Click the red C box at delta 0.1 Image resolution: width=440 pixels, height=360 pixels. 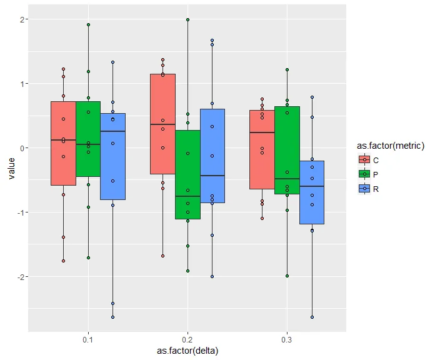(63, 143)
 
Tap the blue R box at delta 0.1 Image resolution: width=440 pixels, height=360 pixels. (112, 156)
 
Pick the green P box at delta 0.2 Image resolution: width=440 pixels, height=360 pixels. (187, 174)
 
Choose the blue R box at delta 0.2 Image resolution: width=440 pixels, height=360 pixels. (212, 156)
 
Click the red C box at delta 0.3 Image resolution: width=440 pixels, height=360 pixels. (262, 149)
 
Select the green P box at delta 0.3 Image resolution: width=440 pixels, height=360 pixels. (287, 150)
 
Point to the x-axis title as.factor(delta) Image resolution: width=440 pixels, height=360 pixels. (187, 351)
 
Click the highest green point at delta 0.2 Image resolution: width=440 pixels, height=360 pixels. (187, 20)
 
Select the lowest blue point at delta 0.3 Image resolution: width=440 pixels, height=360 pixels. (312, 317)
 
